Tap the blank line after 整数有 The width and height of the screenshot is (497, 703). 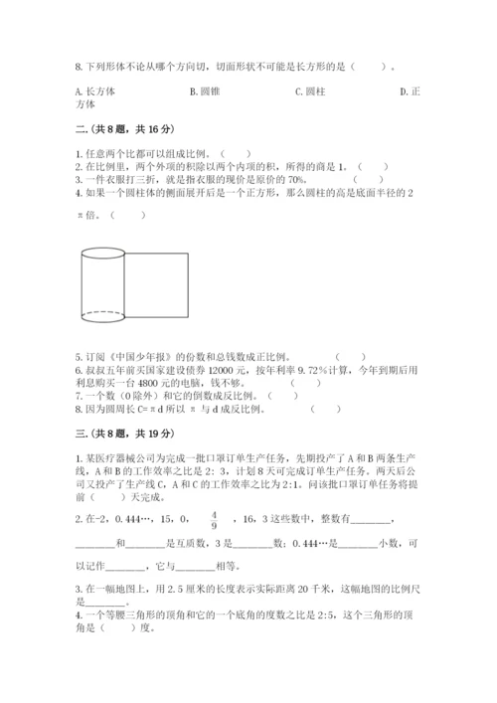click(x=372, y=519)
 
